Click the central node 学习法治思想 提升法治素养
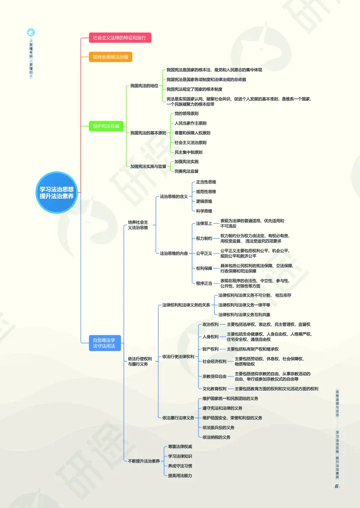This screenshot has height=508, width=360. (x=57, y=192)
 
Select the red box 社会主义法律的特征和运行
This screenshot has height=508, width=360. (x=120, y=38)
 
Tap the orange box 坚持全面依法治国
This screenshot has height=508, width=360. (x=111, y=57)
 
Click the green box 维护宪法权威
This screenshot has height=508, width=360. (x=106, y=126)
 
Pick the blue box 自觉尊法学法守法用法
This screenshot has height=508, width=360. (x=104, y=343)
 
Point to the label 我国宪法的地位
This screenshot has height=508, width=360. (x=144, y=85)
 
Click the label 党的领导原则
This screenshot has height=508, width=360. (x=186, y=113)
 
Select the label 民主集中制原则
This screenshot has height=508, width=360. (x=188, y=152)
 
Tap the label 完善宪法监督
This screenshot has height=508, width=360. (x=186, y=171)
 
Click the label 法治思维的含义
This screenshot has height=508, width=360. (x=174, y=196)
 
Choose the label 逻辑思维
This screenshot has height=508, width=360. (x=204, y=201)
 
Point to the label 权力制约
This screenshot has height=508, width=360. (x=204, y=238)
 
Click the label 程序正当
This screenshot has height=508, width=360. (x=204, y=283)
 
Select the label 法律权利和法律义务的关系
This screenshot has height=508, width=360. (x=186, y=305)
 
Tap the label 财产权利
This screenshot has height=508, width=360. (x=211, y=349)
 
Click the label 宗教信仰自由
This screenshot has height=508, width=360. (x=214, y=376)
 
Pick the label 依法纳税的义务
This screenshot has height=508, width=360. (x=216, y=437)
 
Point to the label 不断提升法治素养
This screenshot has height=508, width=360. (x=144, y=461)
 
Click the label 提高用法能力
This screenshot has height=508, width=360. (x=180, y=475)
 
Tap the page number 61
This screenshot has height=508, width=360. (x=336, y=486)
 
